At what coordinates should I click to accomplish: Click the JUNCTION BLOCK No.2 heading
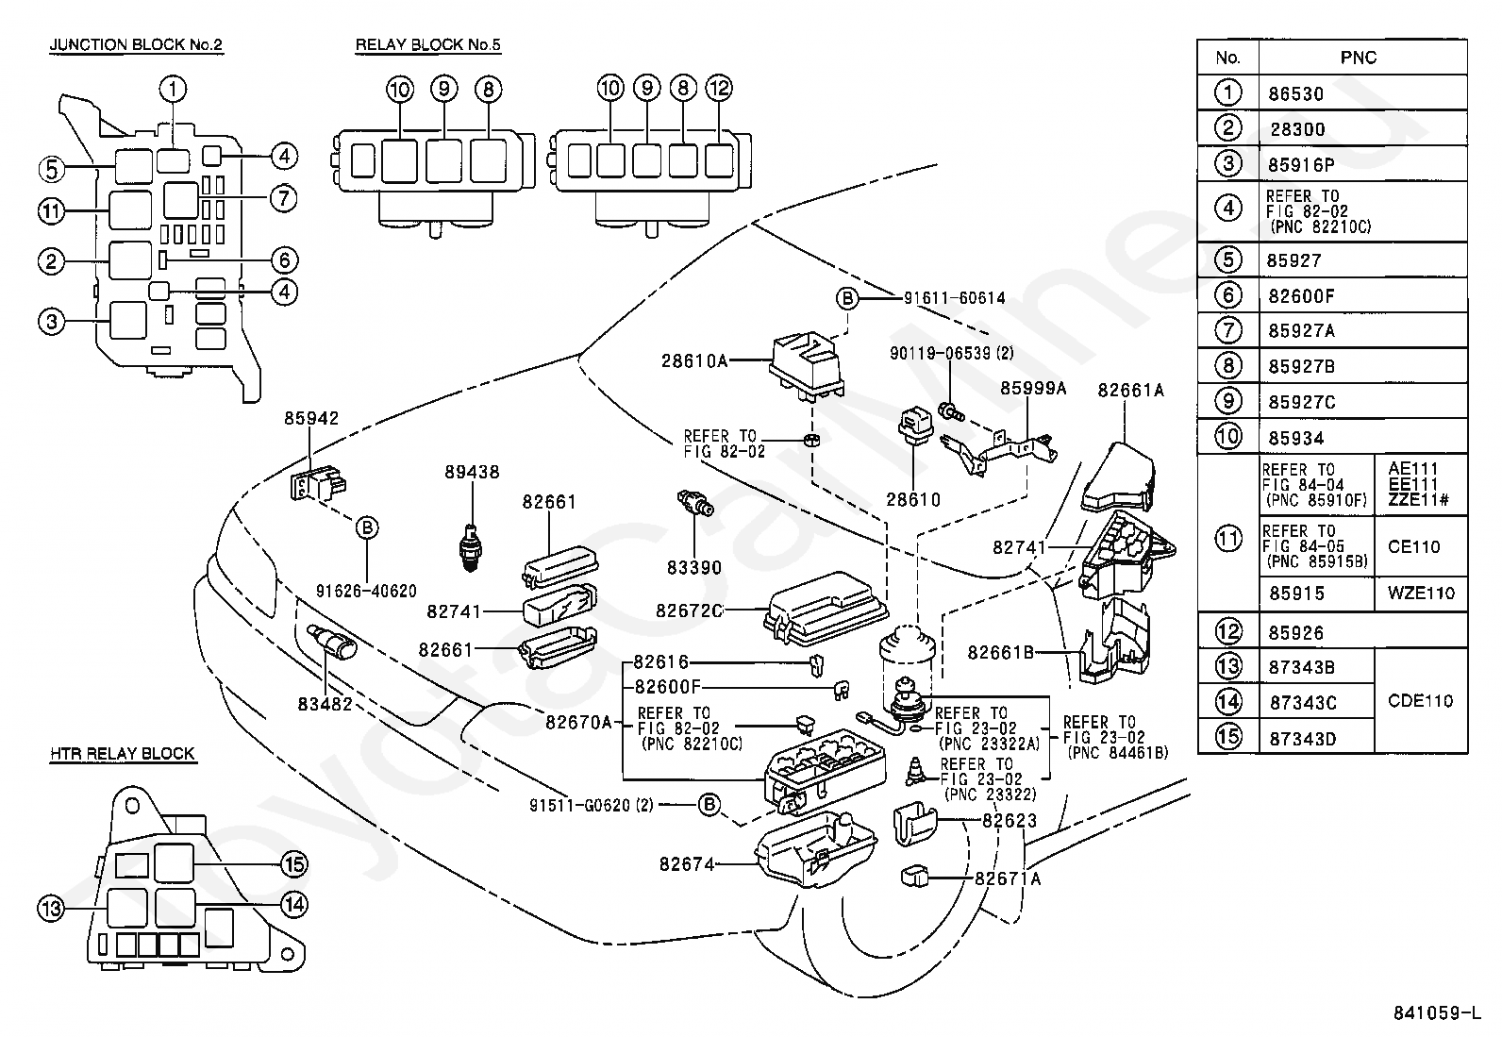(136, 45)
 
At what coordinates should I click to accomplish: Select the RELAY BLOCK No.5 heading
(427, 45)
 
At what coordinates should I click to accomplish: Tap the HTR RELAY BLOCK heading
(123, 753)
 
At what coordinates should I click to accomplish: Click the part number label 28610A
(694, 360)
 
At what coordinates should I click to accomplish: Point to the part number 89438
(472, 472)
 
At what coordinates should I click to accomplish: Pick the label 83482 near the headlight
(325, 704)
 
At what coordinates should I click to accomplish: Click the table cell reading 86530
(1295, 94)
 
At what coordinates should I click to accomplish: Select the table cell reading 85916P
(1301, 165)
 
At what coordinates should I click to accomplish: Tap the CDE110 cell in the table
(1420, 701)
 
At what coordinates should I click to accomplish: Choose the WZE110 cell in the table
(1421, 593)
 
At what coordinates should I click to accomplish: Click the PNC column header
(1359, 58)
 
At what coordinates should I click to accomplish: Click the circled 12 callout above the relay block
(720, 88)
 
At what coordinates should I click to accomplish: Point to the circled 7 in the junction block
(284, 198)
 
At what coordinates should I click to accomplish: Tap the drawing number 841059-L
(1437, 1012)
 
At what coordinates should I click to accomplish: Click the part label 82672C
(690, 611)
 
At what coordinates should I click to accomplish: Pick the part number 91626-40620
(366, 591)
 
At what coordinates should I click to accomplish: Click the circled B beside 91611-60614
(847, 298)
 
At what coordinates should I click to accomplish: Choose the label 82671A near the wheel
(1007, 878)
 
